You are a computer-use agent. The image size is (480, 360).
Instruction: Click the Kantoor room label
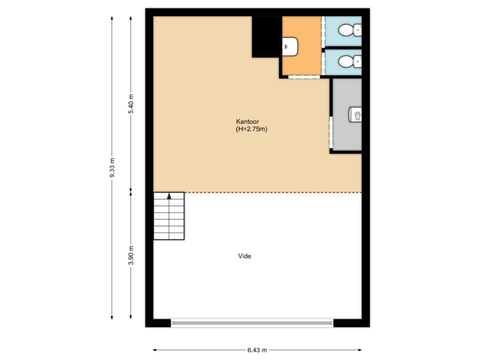(x=247, y=122)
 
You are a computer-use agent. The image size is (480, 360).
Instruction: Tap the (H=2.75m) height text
(x=251, y=130)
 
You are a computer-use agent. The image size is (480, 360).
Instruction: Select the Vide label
(x=245, y=256)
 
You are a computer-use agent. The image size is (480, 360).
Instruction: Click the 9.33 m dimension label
(x=112, y=167)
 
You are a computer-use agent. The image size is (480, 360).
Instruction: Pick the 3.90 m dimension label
(x=131, y=255)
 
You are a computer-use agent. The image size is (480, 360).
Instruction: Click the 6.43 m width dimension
(x=257, y=349)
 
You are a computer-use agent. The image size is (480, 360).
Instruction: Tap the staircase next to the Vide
(x=169, y=216)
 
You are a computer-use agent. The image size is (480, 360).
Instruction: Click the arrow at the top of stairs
(x=169, y=196)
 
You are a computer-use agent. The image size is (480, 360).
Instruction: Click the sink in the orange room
(x=289, y=46)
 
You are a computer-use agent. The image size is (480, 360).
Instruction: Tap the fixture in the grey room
(x=356, y=115)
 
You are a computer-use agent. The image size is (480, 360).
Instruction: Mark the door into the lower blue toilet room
(x=324, y=62)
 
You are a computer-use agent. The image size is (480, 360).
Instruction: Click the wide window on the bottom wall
(x=251, y=323)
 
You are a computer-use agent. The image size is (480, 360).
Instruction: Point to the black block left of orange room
(x=266, y=36)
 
